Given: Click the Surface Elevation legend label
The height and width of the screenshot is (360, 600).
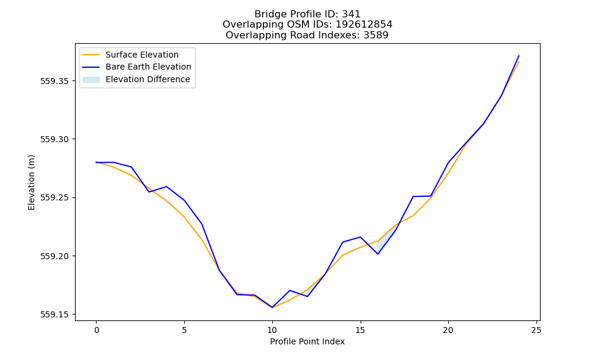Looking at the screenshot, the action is pyautogui.click(x=142, y=55).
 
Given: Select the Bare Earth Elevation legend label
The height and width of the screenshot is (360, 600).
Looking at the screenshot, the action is pyautogui.click(x=148, y=67).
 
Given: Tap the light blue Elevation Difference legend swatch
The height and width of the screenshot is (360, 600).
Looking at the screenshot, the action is pyautogui.click(x=91, y=80).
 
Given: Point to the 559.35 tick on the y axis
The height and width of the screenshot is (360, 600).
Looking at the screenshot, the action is pyautogui.click(x=55, y=81).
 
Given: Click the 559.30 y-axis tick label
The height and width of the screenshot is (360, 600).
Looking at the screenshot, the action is pyautogui.click(x=55, y=139).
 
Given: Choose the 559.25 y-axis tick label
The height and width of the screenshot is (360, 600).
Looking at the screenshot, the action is pyautogui.click(x=55, y=198).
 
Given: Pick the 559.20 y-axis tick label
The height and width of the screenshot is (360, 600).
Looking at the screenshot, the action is pyautogui.click(x=55, y=256).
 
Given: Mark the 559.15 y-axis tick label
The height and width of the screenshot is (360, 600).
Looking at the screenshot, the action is pyautogui.click(x=55, y=314).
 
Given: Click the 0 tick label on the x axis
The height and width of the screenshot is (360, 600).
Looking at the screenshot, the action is pyautogui.click(x=97, y=330).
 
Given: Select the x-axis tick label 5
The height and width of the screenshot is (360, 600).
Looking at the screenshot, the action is pyautogui.click(x=184, y=330).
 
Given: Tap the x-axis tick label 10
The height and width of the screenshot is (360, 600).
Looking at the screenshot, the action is pyautogui.click(x=272, y=330).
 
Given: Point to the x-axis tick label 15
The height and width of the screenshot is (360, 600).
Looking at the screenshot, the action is pyautogui.click(x=360, y=330).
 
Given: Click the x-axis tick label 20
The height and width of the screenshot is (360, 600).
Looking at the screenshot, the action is pyautogui.click(x=448, y=330).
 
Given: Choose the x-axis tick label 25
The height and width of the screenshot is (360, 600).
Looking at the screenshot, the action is pyautogui.click(x=536, y=330).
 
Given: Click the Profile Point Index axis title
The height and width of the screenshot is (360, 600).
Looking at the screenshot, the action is pyautogui.click(x=307, y=341).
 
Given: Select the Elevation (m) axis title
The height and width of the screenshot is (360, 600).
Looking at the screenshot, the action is pyautogui.click(x=31, y=182).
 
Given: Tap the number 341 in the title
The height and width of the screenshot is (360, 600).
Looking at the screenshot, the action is pyautogui.click(x=351, y=14).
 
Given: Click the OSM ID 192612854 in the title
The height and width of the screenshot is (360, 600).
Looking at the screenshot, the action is pyautogui.click(x=364, y=25).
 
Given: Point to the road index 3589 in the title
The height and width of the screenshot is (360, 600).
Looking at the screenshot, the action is pyautogui.click(x=376, y=35).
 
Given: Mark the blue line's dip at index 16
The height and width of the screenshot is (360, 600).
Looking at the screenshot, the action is pyautogui.click(x=378, y=254).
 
